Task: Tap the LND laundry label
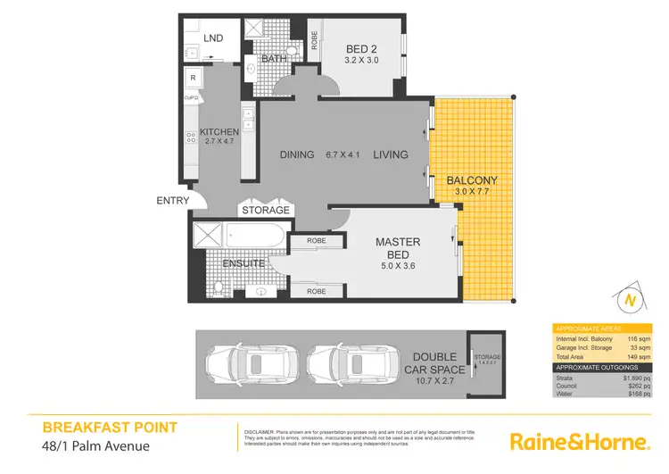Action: pyautogui.click(x=213, y=38)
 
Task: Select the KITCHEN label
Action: pyautogui.click(x=219, y=132)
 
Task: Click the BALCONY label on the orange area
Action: pyautogui.click(x=472, y=180)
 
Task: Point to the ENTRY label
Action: pyautogui.click(x=172, y=201)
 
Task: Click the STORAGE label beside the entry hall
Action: pyautogui.click(x=266, y=211)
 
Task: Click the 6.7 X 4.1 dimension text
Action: pyautogui.click(x=343, y=154)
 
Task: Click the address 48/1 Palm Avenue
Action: pyautogui.click(x=95, y=446)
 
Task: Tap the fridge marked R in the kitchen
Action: pyautogui.click(x=192, y=79)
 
